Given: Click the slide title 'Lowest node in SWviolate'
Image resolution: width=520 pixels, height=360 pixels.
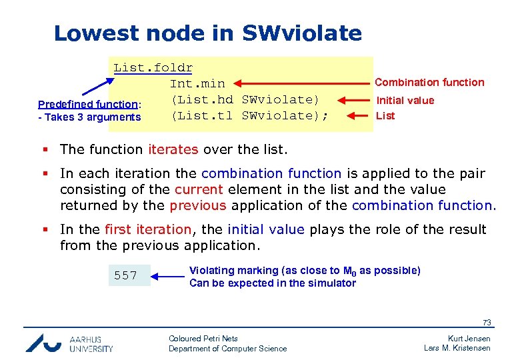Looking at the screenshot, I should click(207, 33).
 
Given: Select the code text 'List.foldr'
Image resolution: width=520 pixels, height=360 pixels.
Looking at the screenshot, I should click(153, 67).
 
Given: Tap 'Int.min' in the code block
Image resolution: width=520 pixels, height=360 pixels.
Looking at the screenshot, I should click(197, 83).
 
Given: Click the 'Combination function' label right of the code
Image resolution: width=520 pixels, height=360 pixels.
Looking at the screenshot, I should click(429, 82).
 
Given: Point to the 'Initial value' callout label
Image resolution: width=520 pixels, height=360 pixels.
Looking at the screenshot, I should click(405, 100).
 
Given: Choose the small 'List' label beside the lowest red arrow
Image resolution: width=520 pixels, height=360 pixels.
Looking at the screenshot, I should click(385, 115).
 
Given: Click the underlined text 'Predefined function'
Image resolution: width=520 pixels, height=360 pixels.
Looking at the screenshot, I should click(88, 104).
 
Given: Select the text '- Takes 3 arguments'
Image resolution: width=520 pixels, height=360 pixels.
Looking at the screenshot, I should click(89, 117).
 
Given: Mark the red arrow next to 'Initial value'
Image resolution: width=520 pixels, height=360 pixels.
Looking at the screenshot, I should click(352, 100).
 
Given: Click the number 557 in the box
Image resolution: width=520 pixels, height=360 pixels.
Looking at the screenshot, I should click(125, 275).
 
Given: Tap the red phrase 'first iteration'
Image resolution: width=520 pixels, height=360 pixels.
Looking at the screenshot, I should click(147, 229).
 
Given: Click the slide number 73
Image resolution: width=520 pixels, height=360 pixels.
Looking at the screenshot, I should click(487, 323).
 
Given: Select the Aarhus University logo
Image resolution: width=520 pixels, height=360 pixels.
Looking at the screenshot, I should click(69, 343).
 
